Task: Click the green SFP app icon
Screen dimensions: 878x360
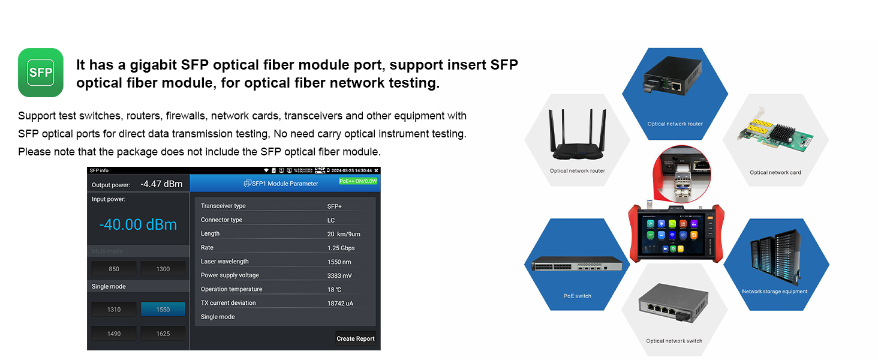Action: (x=41, y=73)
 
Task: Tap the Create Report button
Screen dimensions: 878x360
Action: (x=356, y=338)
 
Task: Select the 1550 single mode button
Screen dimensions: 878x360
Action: (x=163, y=310)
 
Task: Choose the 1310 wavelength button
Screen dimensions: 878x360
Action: (x=114, y=310)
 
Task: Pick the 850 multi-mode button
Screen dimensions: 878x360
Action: (x=114, y=269)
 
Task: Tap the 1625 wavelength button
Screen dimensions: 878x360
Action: (x=163, y=334)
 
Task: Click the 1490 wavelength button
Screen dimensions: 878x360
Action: (x=114, y=334)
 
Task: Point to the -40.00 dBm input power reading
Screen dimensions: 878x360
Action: (x=138, y=225)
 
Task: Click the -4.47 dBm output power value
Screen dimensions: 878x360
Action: (x=161, y=184)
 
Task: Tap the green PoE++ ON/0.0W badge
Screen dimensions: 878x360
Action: (x=358, y=181)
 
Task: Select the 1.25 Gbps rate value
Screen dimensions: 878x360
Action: (x=341, y=248)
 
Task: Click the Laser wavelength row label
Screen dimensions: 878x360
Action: (x=225, y=262)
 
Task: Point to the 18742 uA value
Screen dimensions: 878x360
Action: (x=340, y=304)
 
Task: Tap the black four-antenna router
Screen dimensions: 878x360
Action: (x=577, y=136)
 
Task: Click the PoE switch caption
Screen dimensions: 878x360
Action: (x=577, y=296)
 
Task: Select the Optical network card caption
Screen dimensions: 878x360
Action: (x=775, y=173)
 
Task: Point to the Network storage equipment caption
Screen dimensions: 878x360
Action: (x=774, y=292)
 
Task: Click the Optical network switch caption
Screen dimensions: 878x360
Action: (x=674, y=341)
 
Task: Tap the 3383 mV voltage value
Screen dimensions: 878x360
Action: (x=339, y=276)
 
